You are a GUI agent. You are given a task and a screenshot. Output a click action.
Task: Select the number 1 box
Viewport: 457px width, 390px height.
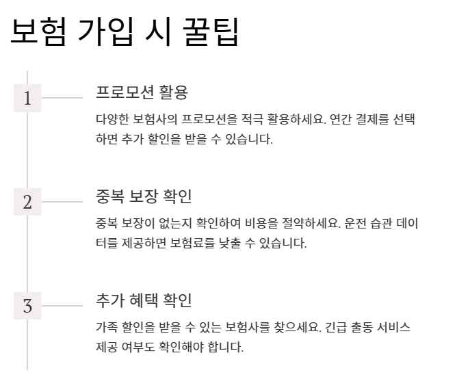pos(27,99)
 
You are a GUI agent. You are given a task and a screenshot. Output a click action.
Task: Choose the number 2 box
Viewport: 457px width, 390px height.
pos(27,203)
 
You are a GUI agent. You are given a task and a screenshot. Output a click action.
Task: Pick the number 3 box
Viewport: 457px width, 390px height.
pos(27,307)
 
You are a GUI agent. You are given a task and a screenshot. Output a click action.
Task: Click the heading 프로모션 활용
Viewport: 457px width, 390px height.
pos(142,92)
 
